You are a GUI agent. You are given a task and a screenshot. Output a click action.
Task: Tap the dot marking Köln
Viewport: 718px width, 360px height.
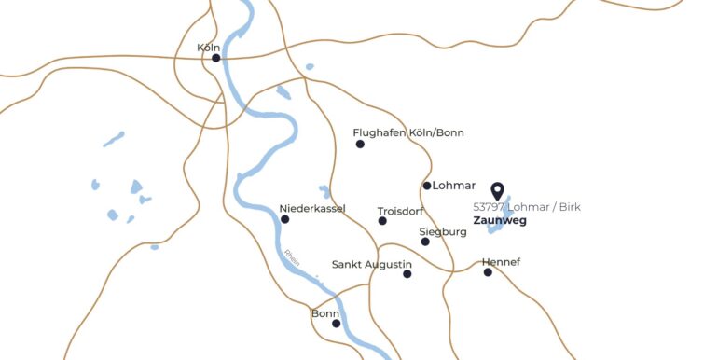click(x=216, y=58)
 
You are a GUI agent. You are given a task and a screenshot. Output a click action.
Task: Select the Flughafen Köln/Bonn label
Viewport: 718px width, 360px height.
click(x=408, y=132)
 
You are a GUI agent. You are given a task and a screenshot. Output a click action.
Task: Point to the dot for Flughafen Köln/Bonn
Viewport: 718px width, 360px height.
click(x=360, y=144)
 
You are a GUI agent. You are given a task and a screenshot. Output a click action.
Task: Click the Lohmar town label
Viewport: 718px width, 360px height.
click(x=454, y=185)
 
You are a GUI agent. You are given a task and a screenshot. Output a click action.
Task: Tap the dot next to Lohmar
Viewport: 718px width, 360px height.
click(x=427, y=186)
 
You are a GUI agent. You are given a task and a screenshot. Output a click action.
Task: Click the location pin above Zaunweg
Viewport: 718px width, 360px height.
click(x=498, y=191)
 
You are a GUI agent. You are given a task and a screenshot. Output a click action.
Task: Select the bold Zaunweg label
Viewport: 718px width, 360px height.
click(x=500, y=221)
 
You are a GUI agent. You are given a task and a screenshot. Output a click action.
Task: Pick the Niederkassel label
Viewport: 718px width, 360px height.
click(x=311, y=208)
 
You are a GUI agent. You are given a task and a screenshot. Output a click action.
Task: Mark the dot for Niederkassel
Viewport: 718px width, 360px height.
click(x=285, y=219)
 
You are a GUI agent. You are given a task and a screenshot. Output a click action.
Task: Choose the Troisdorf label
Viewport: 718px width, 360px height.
click(x=401, y=211)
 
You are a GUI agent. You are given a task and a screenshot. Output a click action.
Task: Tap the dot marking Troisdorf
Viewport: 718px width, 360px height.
click(x=382, y=221)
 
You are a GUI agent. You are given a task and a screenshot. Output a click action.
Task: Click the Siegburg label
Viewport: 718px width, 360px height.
click(x=442, y=230)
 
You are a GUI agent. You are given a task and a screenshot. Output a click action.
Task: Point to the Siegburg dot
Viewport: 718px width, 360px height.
click(x=425, y=242)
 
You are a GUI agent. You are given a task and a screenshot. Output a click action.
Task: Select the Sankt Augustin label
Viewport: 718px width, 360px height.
click(x=371, y=264)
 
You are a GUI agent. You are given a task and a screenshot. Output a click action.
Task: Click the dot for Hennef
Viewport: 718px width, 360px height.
click(x=488, y=272)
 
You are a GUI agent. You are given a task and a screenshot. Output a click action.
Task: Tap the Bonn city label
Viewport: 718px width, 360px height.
click(x=325, y=313)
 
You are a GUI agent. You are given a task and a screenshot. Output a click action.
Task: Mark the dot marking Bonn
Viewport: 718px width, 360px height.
click(x=336, y=324)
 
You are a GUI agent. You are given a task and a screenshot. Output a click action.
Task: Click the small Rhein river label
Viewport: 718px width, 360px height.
click(x=293, y=258)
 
